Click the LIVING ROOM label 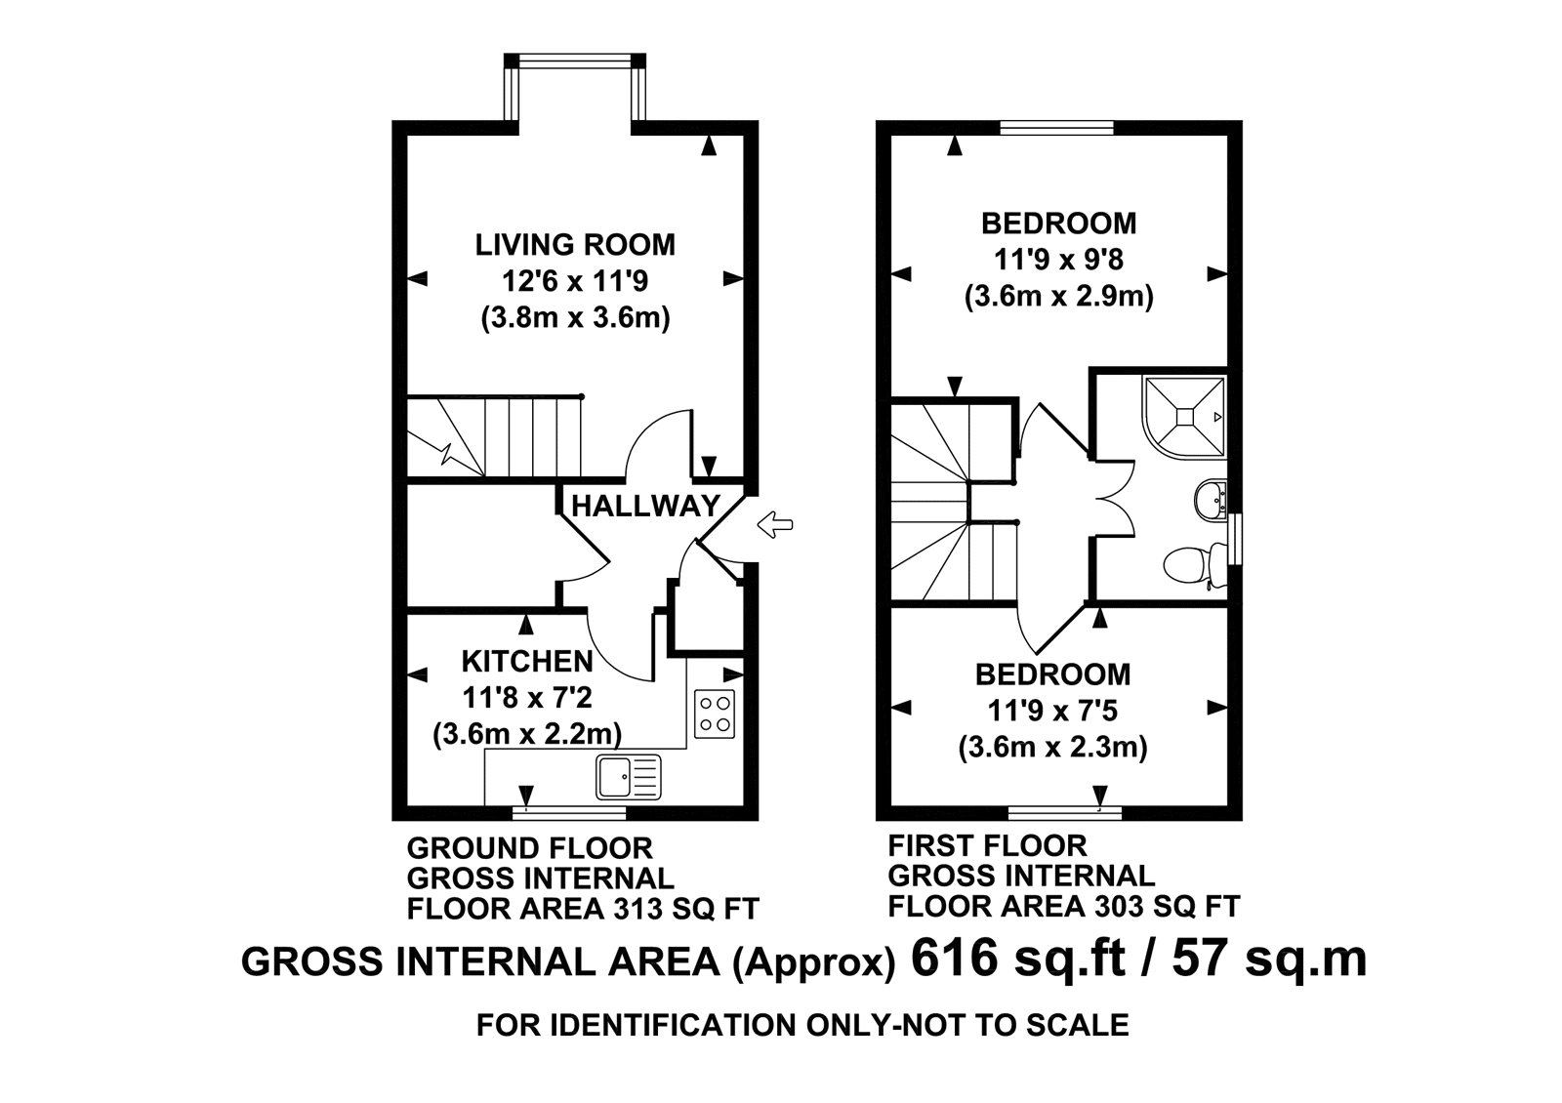[x=575, y=245]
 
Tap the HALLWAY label [x=645, y=505]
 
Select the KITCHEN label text [x=527, y=661]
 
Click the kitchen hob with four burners [x=715, y=714]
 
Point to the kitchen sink [x=629, y=777]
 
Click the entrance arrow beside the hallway [x=775, y=524]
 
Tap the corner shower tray [x=1184, y=417]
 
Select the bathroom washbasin [x=1210, y=500]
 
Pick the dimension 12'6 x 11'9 [x=575, y=282]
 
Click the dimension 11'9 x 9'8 [x=1058, y=260]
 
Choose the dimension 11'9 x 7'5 [x=1052, y=712]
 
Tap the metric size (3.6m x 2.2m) [x=527, y=734]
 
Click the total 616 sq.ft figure [x=1018, y=960]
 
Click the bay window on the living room [x=575, y=92]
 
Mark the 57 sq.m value [x=1269, y=960]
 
